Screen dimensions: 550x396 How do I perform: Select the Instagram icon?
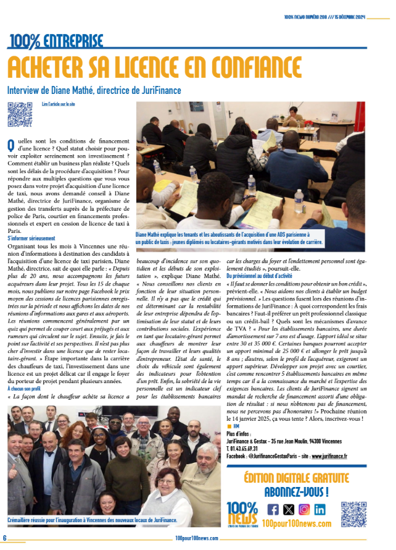pos(304,510)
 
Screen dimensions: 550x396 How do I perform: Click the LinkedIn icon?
pos(320,510)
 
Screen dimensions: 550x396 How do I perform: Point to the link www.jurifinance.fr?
pos(329,457)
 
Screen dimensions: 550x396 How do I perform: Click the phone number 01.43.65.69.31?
pos(252,448)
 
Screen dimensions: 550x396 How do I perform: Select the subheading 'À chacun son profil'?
pos(24,388)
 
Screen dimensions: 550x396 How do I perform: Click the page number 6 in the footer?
pos(5,538)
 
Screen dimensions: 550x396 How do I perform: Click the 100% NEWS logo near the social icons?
pos(242,514)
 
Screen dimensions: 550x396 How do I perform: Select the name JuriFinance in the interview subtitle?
pos(159,90)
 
